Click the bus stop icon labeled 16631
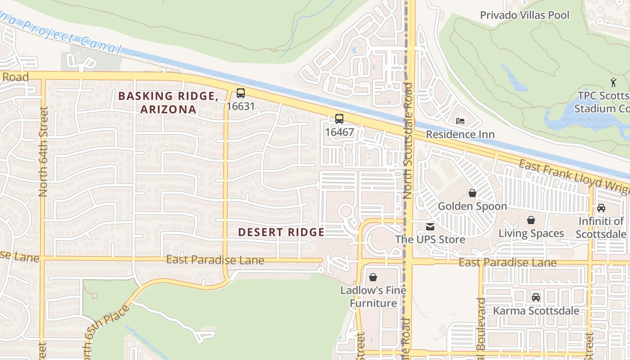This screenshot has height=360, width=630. [241, 93]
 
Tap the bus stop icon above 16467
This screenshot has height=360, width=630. [339, 119]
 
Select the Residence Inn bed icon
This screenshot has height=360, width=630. [460, 121]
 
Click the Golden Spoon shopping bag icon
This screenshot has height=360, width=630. [472, 193]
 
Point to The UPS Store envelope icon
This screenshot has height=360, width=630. [430, 227]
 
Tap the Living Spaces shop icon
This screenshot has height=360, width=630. [531, 220]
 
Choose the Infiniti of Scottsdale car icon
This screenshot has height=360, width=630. [601, 208]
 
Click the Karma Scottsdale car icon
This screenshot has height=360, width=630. [536, 297]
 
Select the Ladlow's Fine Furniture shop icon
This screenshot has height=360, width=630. [373, 277]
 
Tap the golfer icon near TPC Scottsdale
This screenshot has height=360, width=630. [613, 82]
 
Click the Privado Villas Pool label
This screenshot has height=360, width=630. [524, 15]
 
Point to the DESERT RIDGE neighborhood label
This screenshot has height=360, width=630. [281, 232]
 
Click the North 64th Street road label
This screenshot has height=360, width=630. [43, 151]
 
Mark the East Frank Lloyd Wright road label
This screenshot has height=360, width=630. [574, 177]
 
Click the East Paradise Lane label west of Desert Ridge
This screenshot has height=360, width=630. [215, 260]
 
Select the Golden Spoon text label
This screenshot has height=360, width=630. [472, 207]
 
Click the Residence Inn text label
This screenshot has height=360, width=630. [460, 135]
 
